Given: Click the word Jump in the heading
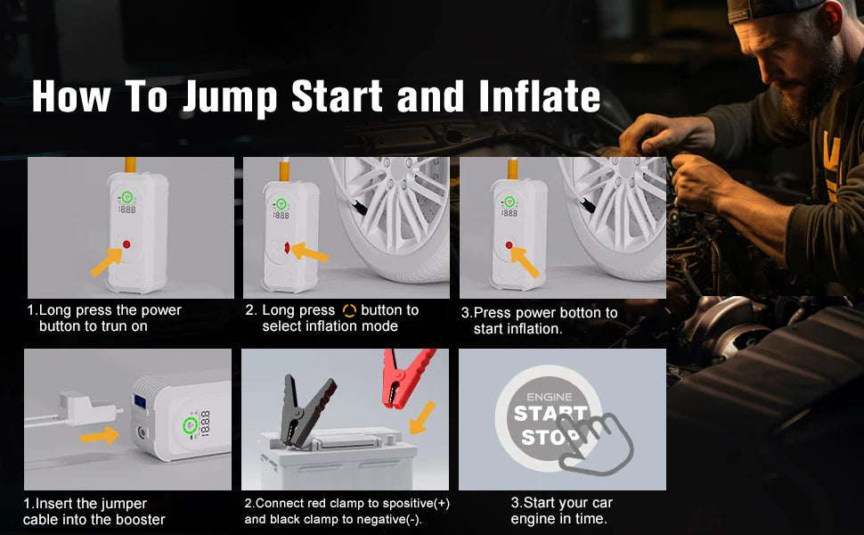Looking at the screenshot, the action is (229, 97).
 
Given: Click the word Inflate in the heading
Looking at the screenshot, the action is (540, 96).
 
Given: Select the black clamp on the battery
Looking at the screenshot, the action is (306, 409).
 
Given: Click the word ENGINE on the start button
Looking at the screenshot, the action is (549, 397).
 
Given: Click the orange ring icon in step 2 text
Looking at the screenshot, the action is (349, 310).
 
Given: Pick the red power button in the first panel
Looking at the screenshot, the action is (126, 244).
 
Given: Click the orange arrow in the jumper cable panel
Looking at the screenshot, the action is (99, 436).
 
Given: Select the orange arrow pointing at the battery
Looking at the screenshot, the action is (422, 417).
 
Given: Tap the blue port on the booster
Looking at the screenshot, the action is (140, 401).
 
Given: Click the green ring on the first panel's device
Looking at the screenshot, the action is (126, 197).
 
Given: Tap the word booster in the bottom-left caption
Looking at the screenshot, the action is (138, 520).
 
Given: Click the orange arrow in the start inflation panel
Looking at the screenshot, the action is (525, 262).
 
